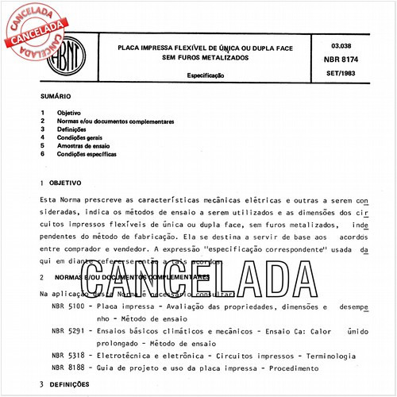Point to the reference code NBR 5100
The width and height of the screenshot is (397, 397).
point(65,306)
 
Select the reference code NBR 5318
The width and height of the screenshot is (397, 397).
point(65,357)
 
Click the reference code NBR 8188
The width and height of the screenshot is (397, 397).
point(65,368)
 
